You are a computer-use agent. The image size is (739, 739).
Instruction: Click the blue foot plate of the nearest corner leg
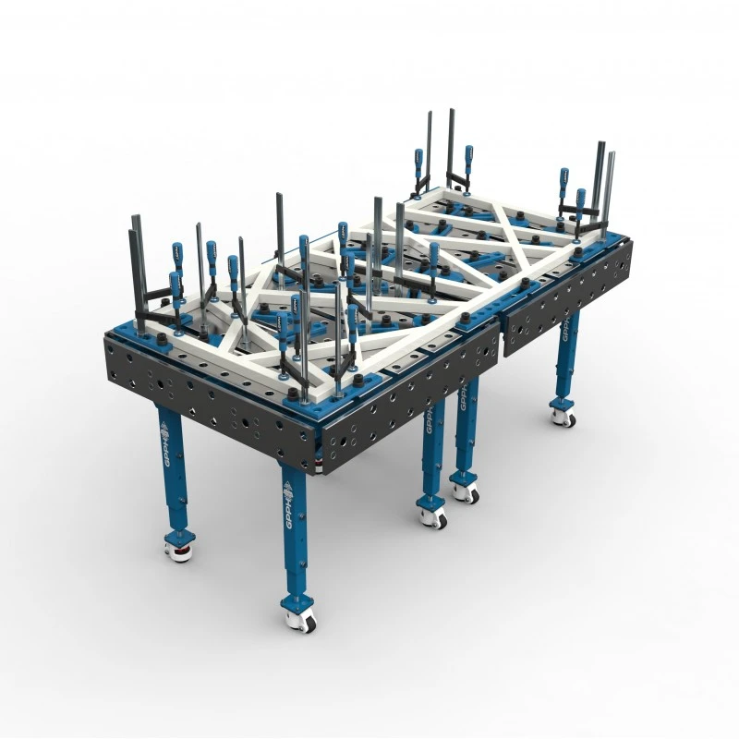click(297, 603)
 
